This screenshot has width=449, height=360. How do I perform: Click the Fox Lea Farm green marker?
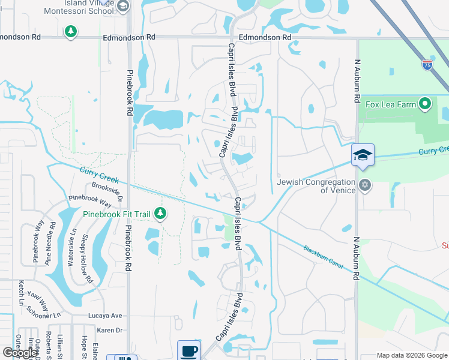click(426, 104)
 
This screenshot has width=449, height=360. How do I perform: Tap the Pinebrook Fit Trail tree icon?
click(160, 212)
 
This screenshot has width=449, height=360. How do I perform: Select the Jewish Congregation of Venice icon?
click(364, 184)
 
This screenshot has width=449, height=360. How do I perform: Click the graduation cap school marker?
click(363, 155)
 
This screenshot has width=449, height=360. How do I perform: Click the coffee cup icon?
click(189, 350)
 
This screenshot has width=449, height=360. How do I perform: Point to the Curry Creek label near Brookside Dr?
click(100, 176)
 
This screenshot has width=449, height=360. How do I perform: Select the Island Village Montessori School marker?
click(122, 6)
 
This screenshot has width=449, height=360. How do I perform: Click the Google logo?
click(20, 353)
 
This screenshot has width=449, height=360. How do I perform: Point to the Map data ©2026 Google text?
click(411, 355)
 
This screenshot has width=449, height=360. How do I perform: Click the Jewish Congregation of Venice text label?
click(316, 186)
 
